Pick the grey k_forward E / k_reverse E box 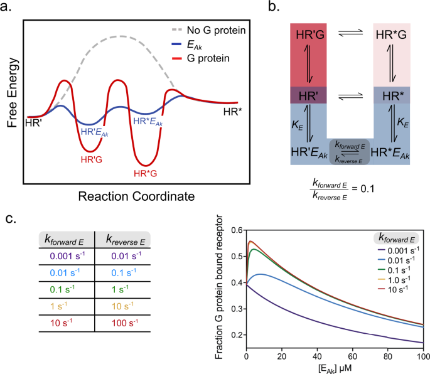pos(350,152)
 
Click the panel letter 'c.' pos(11,221)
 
